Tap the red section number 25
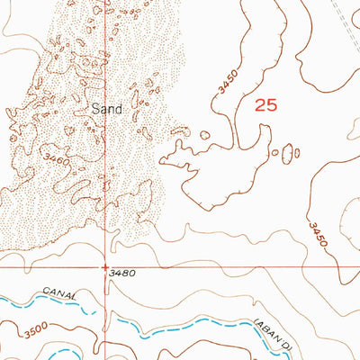[x=265, y=105]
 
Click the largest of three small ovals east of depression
[x=290, y=153]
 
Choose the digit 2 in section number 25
[x=260, y=105]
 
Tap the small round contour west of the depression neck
[x=204, y=136]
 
